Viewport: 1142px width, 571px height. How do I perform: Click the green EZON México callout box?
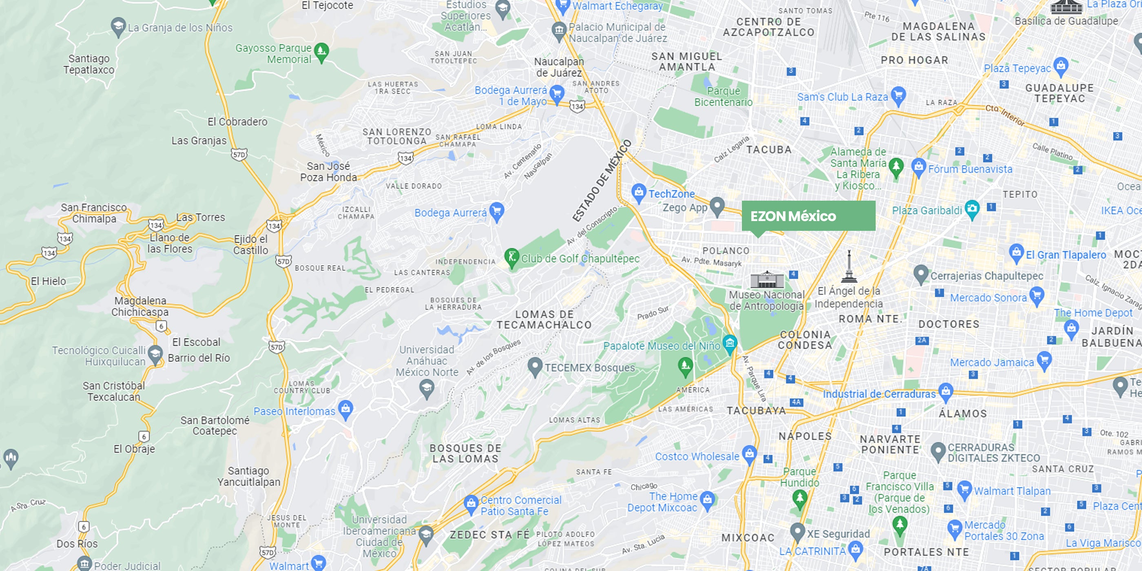(x=808, y=216)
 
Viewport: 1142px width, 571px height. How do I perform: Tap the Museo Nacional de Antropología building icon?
(x=767, y=279)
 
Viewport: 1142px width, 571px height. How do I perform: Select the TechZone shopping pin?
(x=639, y=193)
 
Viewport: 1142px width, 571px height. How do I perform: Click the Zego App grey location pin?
(x=717, y=206)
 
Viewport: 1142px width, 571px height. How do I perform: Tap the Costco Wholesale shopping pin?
(x=749, y=454)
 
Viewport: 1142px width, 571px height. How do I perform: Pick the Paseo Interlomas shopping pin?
(x=345, y=409)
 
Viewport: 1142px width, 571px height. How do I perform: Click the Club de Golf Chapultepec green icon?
(x=511, y=257)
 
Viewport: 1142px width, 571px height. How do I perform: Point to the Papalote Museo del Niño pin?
(x=730, y=343)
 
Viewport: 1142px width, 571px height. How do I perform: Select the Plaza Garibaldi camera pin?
(x=972, y=209)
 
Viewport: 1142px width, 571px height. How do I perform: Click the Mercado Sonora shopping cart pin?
(x=1036, y=296)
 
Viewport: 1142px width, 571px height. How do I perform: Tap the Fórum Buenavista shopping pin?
(x=918, y=168)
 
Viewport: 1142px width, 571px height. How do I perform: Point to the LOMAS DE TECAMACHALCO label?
(x=544, y=319)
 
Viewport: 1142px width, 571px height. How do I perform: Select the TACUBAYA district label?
(x=756, y=411)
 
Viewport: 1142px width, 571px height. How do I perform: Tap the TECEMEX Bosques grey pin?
(x=535, y=366)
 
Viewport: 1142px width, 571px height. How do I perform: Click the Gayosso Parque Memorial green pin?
(x=321, y=52)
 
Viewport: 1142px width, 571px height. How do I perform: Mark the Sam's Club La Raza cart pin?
(x=898, y=95)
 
